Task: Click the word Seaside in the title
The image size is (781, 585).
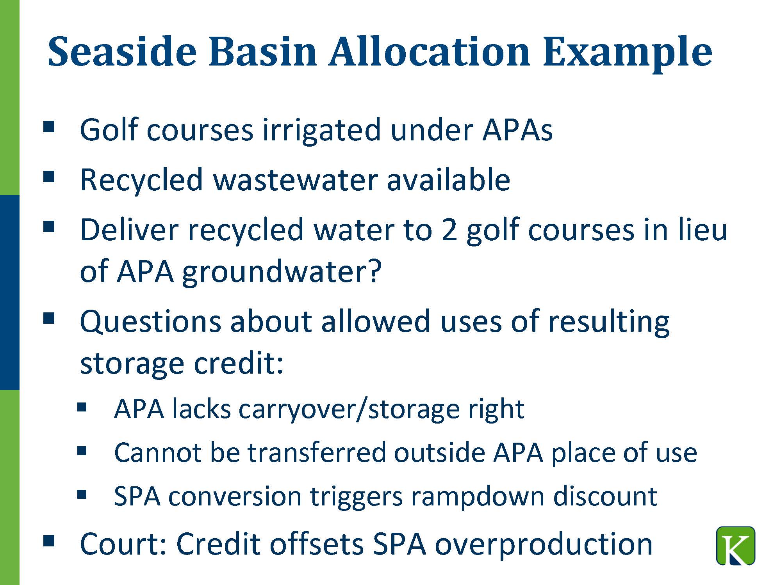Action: point(122,52)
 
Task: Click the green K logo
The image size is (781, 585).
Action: point(736,546)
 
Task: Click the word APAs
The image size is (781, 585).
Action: point(517,129)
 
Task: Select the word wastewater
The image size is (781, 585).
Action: point(295,180)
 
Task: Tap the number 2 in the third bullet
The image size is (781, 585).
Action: point(449,230)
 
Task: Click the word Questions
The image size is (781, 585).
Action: point(150,322)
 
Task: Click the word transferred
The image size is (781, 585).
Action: point(317,452)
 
